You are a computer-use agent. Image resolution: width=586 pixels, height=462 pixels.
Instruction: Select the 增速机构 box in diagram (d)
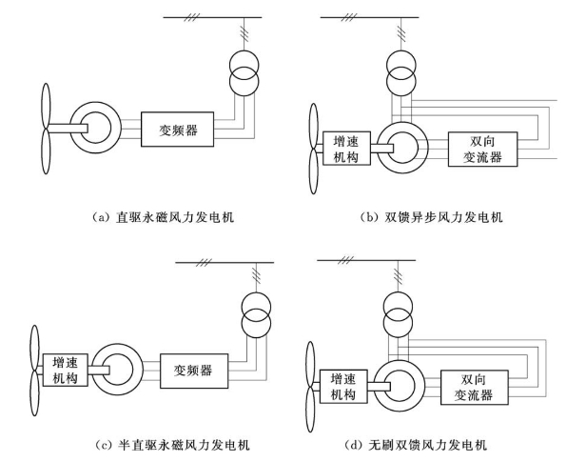[x=343, y=387]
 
